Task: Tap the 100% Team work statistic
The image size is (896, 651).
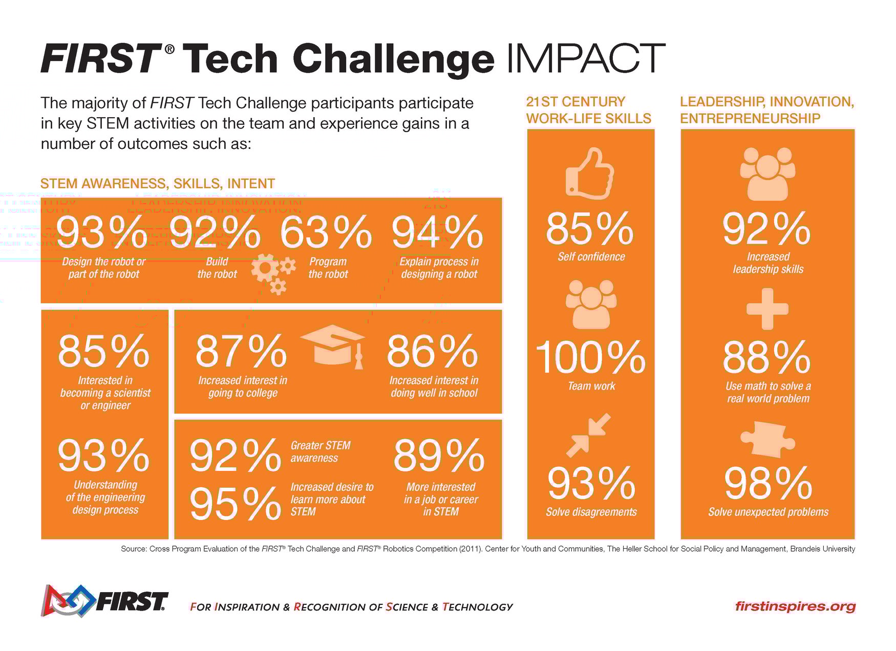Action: [x=590, y=358]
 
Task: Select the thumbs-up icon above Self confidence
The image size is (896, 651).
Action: [x=589, y=173]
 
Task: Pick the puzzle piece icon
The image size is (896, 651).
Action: [x=767, y=439]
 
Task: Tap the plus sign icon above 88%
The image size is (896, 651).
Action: [x=767, y=309]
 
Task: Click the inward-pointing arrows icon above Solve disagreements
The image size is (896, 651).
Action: [x=588, y=435]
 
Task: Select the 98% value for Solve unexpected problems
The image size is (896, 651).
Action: [x=767, y=484]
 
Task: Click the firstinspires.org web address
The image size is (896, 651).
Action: [x=795, y=606]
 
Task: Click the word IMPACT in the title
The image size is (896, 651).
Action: [x=584, y=59]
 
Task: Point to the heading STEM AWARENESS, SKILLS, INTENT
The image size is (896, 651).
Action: [x=158, y=184]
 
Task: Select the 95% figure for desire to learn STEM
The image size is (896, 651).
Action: [x=235, y=504]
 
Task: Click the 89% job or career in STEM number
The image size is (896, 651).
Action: [x=439, y=455]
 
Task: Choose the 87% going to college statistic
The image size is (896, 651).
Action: [x=241, y=351]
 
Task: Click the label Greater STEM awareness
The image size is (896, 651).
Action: [x=321, y=451]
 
